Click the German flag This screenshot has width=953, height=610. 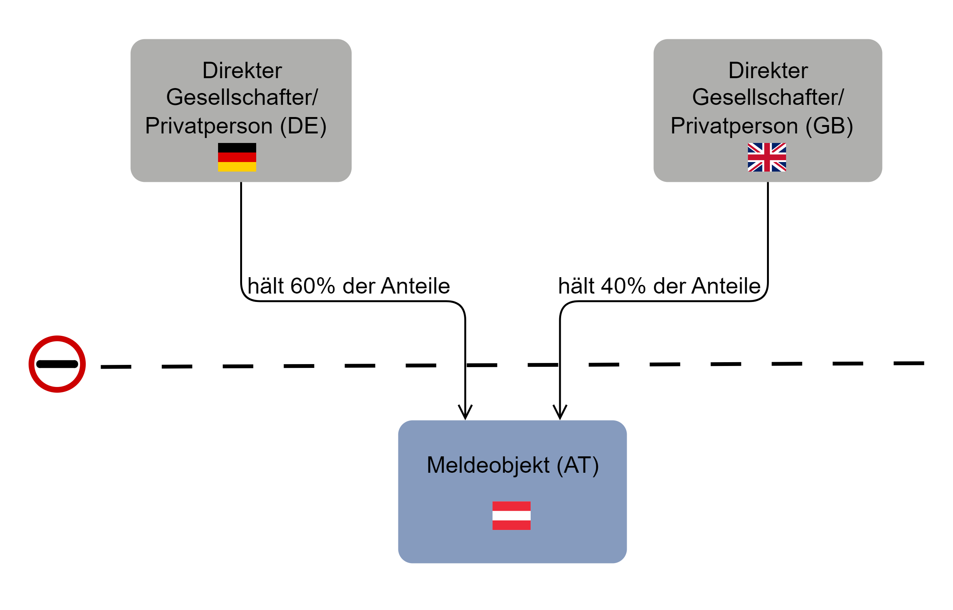tap(237, 157)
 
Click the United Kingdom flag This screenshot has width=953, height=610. tap(767, 157)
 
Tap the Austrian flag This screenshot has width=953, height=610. tap(511, 515)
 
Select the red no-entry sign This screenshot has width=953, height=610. tap(57, 364)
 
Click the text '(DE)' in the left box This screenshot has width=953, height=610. tap(303, 126)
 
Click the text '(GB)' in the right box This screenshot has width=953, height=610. tap(829, 126)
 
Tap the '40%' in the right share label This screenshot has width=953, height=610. tap(623, 286)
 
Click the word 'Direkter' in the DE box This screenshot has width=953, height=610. tap(242, 71)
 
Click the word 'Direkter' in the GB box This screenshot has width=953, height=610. tap(768, 71)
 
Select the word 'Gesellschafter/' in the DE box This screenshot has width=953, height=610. tap(242, 97)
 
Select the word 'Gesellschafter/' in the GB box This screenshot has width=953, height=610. tap(768, 97)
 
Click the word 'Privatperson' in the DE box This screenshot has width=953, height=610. tap(209, 126)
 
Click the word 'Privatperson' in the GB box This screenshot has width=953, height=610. tap(735, 126)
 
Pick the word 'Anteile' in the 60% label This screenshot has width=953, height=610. tap(416, 286)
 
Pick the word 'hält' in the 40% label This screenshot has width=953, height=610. tap(576, 286)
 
